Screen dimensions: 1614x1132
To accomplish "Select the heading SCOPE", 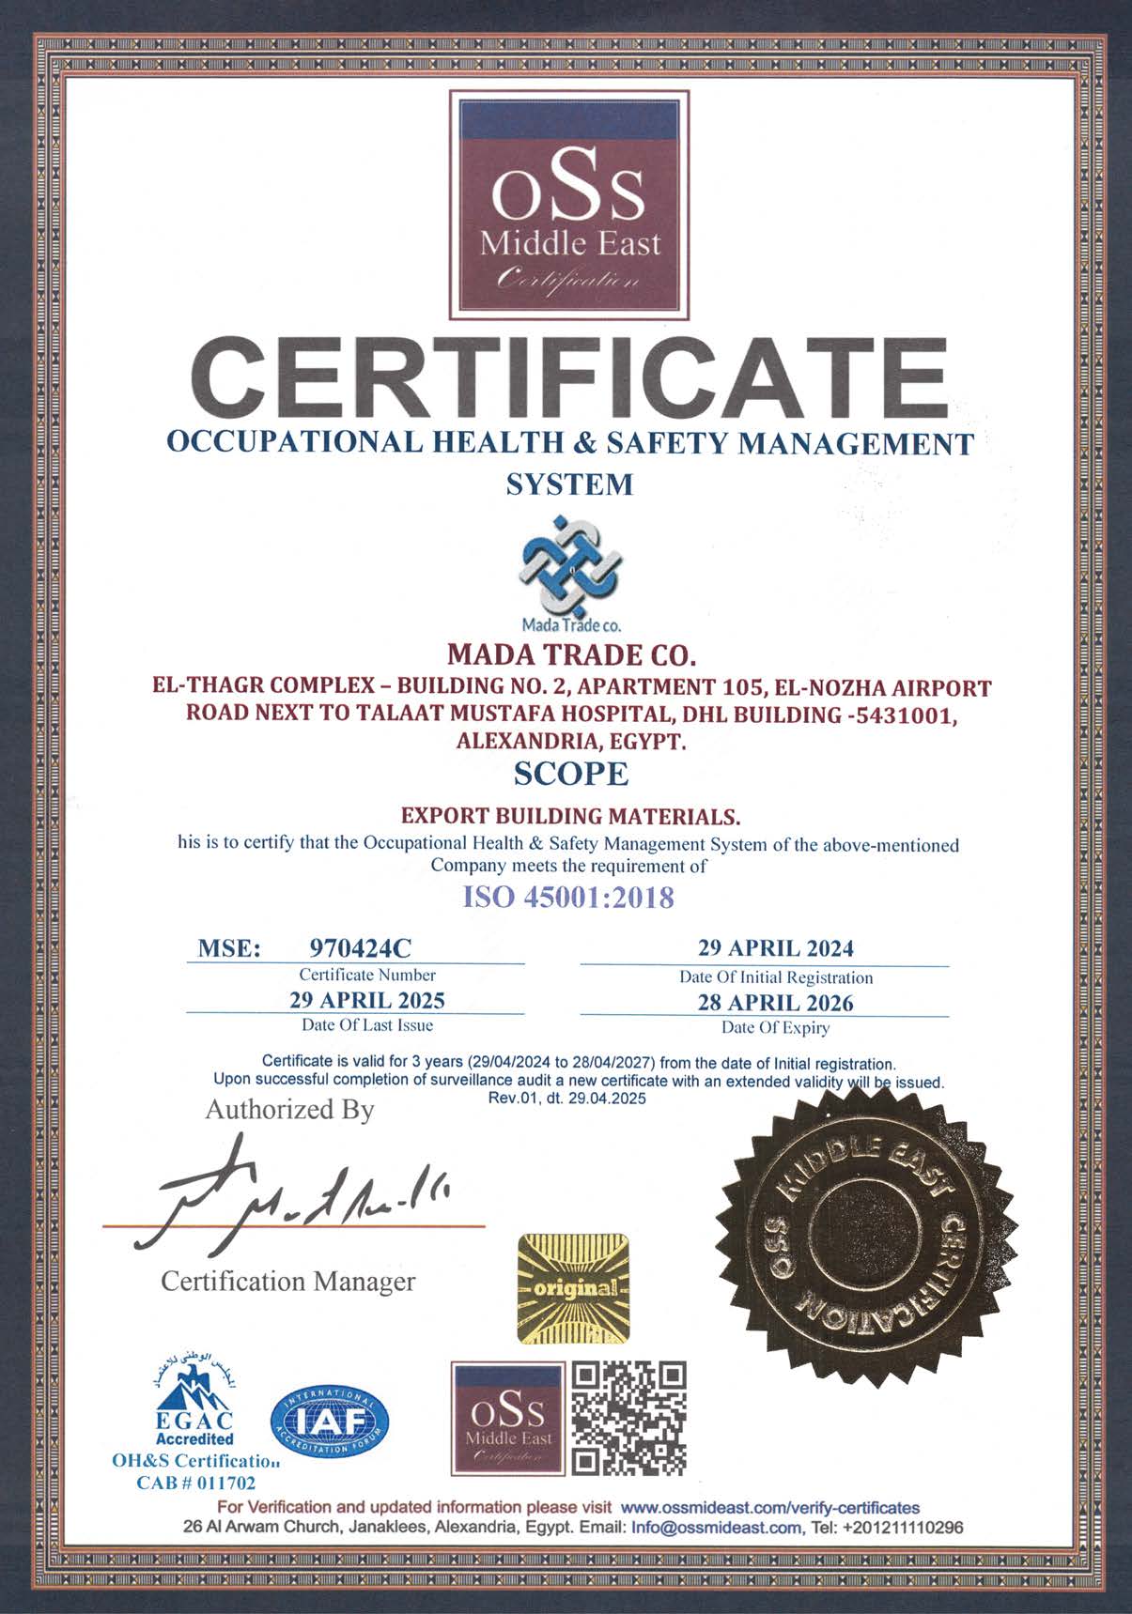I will pos(570,774).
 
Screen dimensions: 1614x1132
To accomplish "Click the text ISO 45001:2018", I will pos(569,898).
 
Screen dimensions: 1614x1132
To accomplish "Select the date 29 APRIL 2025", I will pos(367,1000).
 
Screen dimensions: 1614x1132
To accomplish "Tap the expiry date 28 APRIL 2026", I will pos(775,1003).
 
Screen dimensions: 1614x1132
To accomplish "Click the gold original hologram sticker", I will pos(573,1286).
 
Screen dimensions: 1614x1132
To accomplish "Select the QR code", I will pos(629,1418).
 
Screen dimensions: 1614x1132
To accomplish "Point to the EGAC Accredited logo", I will pos(194,1408).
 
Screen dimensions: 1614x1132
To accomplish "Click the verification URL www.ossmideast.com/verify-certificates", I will pos(769,1508).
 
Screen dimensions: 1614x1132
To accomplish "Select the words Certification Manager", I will pos(287,1281).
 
